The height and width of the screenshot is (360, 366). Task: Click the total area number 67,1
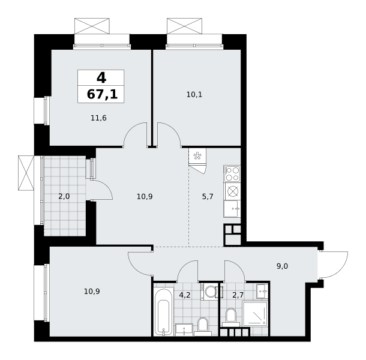[102, 95]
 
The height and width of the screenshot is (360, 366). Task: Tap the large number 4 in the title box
[101, 77]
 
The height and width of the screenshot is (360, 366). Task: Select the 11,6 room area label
[98, 118]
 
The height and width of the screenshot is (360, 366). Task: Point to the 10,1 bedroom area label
[194, 95]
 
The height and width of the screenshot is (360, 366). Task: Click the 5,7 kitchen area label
[208, 197]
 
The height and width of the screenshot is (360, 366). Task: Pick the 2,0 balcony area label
[64, 197]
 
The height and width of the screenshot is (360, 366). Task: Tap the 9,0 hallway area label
[282, 266]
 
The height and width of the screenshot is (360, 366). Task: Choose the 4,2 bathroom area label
[185, 295]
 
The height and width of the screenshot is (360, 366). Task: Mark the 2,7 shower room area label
[238, 295]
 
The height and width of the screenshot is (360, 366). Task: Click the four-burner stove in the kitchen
[232, 173]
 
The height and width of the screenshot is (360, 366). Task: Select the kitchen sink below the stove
[232, 209]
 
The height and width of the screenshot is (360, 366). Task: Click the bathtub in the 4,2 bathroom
[164, 312]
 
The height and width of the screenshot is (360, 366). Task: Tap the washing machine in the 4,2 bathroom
[209, 292]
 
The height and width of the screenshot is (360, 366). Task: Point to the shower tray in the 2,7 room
[254, 314]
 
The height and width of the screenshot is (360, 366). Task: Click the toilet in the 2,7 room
[231, 317]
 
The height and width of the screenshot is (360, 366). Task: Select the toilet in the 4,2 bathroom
[203, 326]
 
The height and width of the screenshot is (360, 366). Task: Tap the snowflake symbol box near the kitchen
[197, 156]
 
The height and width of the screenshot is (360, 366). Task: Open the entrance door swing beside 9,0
[334, 265]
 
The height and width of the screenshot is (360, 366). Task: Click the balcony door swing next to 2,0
[102, 190]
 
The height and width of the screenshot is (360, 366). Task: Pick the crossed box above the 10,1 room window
[184, 26]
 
